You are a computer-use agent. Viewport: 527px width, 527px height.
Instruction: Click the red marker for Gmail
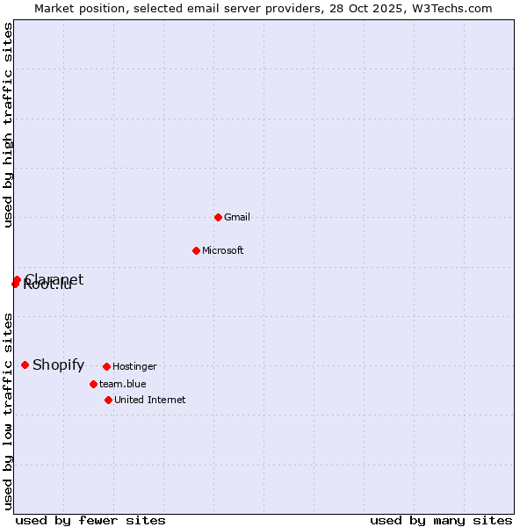point(218,217)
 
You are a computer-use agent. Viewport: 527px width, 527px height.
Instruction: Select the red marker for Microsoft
point(196,250)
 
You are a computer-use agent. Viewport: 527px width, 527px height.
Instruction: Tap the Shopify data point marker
point(25,365)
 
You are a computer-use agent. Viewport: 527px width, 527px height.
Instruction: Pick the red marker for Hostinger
point(106,366)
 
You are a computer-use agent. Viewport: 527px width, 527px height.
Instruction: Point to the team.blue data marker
point(93,384)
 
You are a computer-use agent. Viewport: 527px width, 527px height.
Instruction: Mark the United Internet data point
point(108,400)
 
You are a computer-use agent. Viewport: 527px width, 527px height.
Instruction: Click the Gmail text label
point(237,217)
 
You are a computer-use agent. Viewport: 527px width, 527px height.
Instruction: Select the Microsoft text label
point(222,250)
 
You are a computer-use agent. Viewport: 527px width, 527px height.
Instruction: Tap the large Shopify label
point(58,365)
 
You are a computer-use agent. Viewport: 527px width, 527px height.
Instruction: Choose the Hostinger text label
point(134,366)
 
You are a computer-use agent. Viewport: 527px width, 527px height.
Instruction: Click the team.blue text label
point(122,384)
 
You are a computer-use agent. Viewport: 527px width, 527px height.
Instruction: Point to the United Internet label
point(149,400)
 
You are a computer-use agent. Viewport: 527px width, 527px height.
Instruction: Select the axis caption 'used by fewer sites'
point(90,520)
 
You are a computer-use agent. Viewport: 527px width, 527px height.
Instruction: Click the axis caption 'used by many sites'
point(441,520)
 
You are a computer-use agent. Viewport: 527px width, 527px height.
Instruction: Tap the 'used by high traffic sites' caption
point(8,125)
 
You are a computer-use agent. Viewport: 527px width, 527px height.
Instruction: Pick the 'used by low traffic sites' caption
point(8,411)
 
